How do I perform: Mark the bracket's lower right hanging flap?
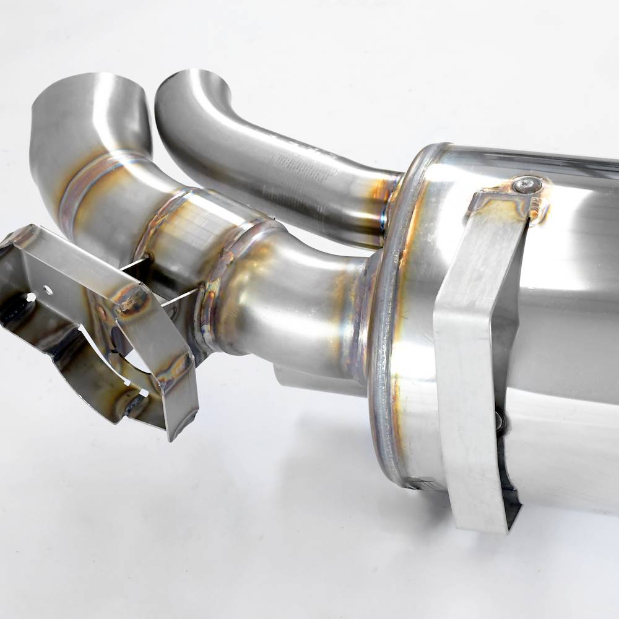point(180,402)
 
